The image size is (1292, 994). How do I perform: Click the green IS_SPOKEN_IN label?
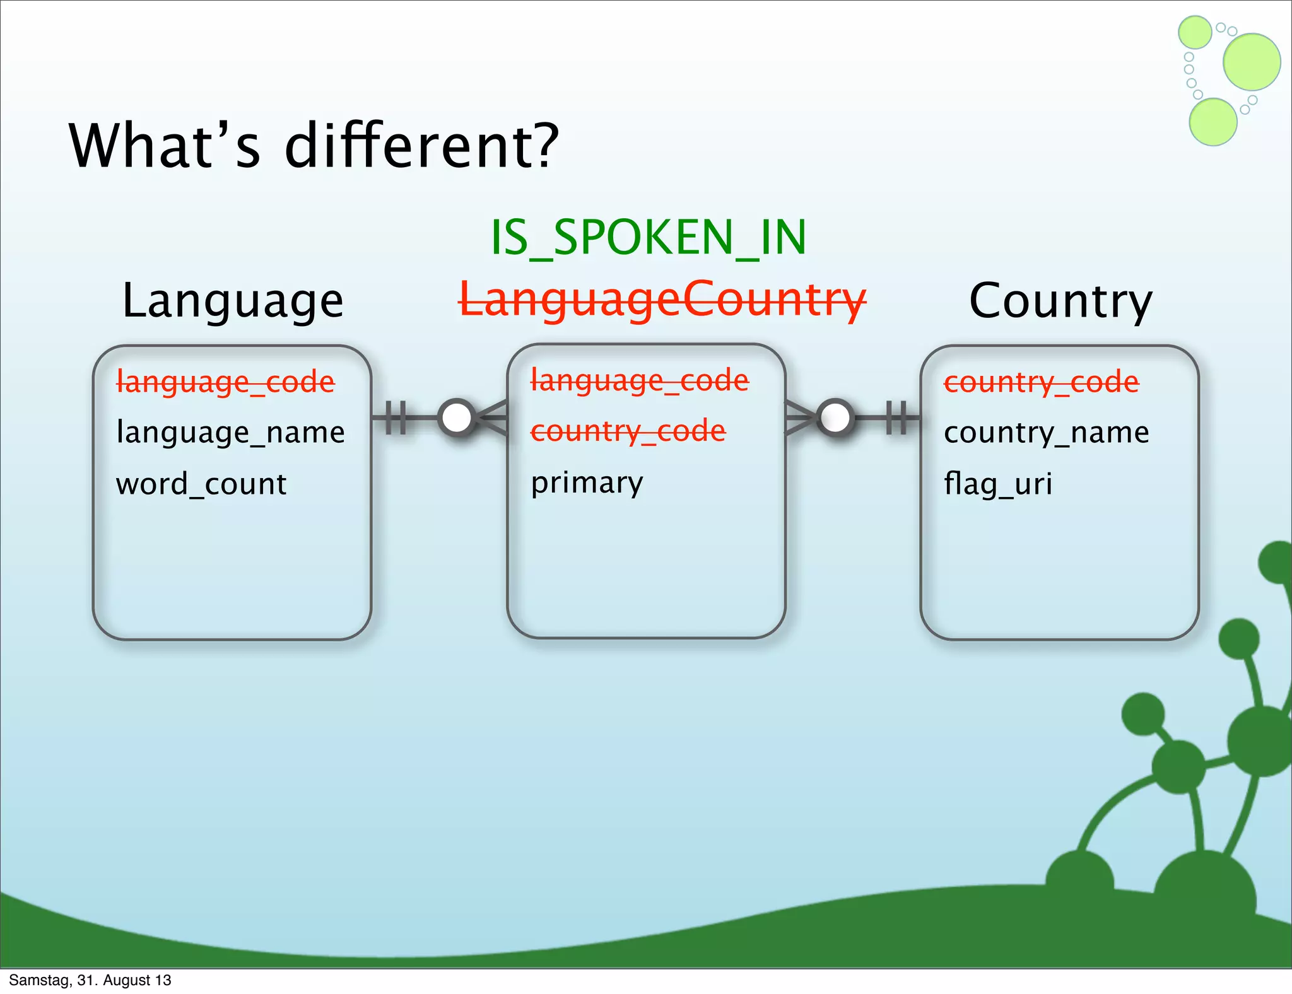(x=648, y=238)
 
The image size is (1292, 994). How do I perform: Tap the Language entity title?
(x=233, y=301)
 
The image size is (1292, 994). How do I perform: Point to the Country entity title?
(x=1060, y=301)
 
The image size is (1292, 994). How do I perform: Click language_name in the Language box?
(x=230, y=433)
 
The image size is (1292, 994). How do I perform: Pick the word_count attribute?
(x=201, y=484)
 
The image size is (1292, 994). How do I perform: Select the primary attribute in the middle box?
(x=587, y=483)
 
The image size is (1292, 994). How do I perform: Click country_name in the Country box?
(x=1046, y=433)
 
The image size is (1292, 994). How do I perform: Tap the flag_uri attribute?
(x=998, y=484)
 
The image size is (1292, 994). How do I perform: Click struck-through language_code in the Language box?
(x=225, y=382)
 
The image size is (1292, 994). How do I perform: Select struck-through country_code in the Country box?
(x=1041, y=382)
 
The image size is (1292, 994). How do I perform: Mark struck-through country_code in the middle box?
(x=628, y=431)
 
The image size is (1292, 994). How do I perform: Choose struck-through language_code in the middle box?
(x=639, y=380)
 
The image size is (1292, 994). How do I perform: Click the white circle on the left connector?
(x=457, y=417)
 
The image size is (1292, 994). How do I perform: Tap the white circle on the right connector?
(x=835, y=417)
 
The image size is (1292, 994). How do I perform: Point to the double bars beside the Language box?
(x=396, y=417)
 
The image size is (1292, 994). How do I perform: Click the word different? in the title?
(x=421, y=146)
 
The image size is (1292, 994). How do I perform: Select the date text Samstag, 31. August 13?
(x=90, y=980)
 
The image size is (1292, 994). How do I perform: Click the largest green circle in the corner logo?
(x=1251, y=62)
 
